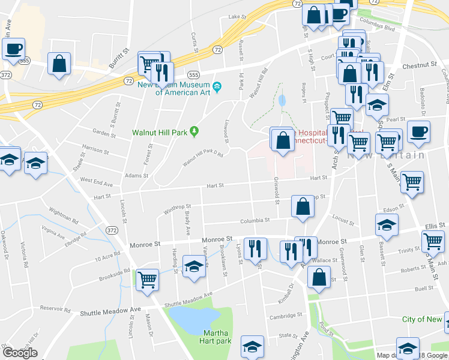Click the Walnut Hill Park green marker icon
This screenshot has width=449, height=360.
(x=194, y=131)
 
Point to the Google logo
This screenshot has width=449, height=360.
(x=20, y=353)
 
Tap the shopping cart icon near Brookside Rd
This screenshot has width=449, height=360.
(x=147, y=279)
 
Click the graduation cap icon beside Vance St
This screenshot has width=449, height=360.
(x=194, y=268)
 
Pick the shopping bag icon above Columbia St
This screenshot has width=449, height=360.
(x=303, y=206)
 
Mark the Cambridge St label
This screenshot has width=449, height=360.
(x=285, y=316)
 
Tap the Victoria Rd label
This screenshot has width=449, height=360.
(x=24, y=254)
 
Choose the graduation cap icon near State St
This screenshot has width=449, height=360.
(x=252, y=346)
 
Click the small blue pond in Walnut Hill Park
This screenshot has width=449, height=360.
(x=282, y=100)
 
